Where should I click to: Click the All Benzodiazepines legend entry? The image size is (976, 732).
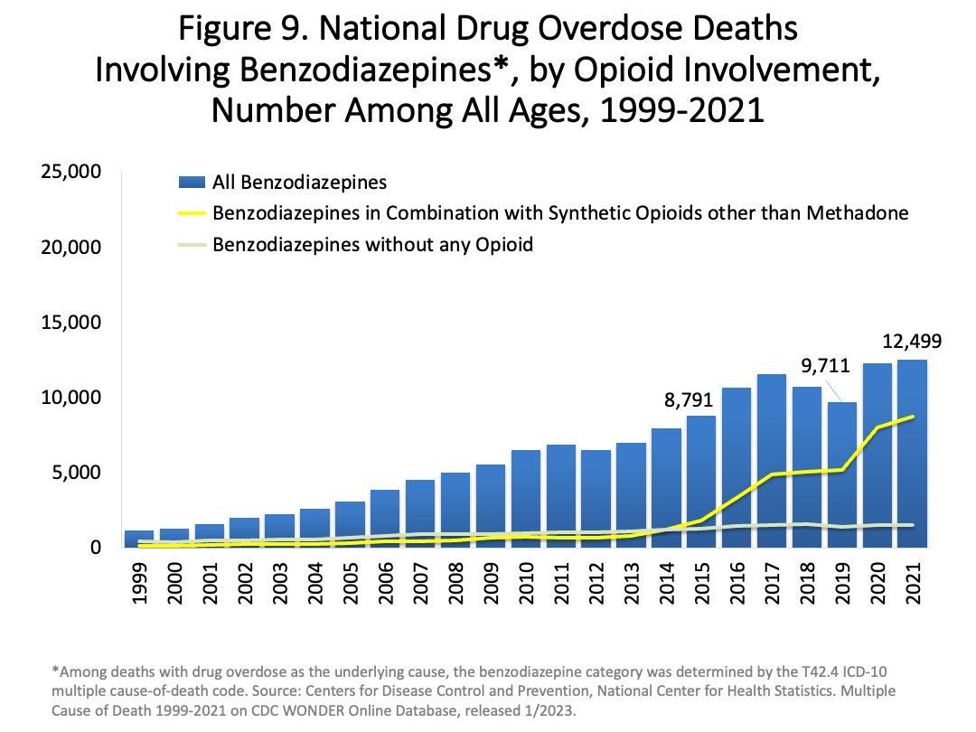pos(299,183)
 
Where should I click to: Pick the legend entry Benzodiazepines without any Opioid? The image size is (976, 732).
pos(373,245)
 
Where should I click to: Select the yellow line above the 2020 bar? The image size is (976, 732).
pos(877,427)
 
